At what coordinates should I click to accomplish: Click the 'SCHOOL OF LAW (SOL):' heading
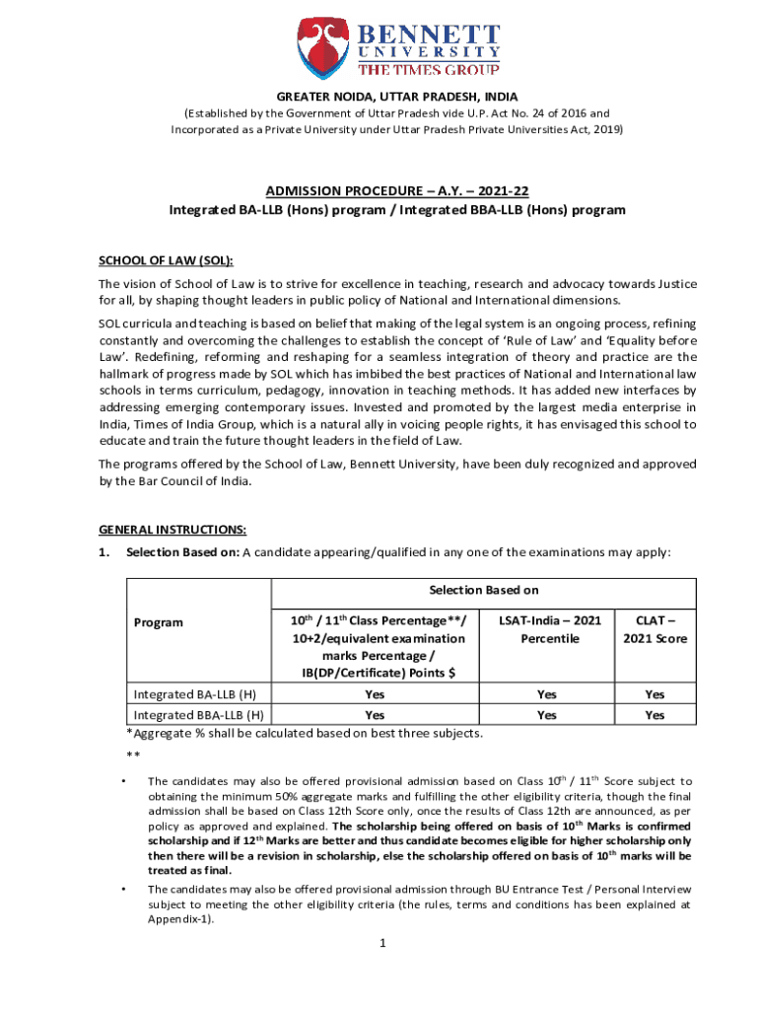tap(166, 260)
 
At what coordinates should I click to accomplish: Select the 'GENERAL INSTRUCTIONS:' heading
tap(172, 529)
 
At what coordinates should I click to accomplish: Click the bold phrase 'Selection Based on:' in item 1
tap(182, 552)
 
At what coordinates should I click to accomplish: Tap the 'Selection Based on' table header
tap(483, 590)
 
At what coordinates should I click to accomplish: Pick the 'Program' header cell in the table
tap(159, 622)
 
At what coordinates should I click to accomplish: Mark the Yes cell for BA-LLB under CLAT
tap(655, 694)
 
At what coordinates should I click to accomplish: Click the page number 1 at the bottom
tap(380, 943)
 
